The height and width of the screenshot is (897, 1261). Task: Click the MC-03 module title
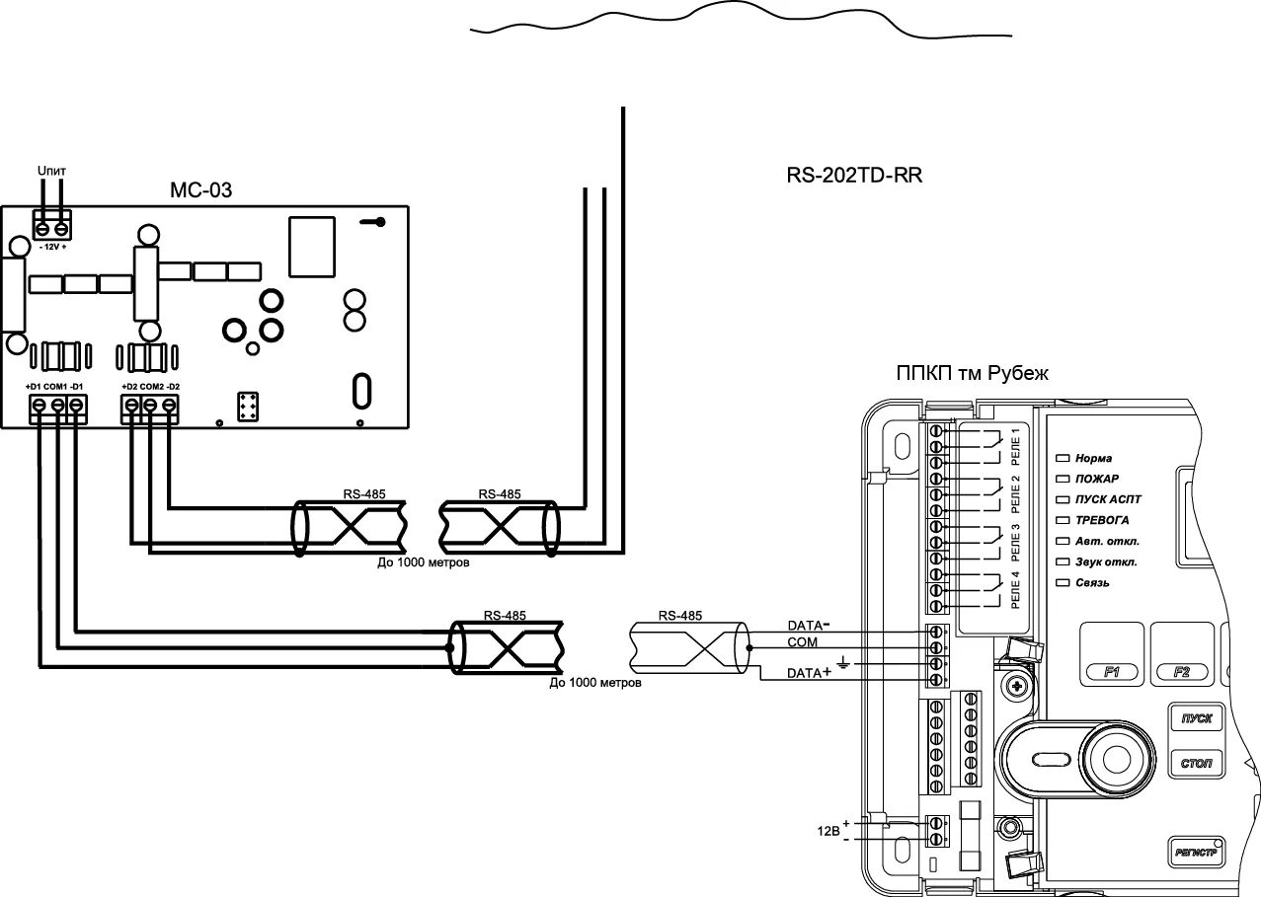click(201, 189)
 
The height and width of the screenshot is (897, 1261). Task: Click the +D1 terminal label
click(34, 386)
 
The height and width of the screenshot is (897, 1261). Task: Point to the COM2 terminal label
click(151, 386)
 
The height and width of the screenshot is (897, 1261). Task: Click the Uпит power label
click(51, 172)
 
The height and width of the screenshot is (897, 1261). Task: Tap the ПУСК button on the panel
click(1197, 719)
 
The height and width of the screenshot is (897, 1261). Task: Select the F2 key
click(1182, 672)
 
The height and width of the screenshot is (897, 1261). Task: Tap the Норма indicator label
click(1093, 459)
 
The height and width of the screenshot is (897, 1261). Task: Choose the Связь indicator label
click(1092, 583)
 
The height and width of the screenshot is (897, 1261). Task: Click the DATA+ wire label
click(810, 673)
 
